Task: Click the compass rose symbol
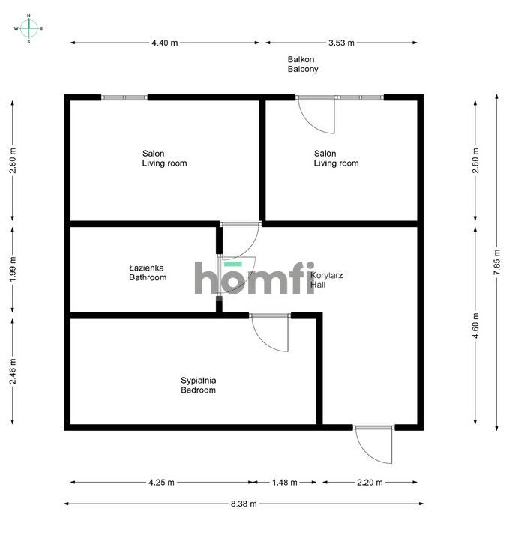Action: click(28, 28)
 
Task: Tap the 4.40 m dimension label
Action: click(164, 43)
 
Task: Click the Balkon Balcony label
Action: click(303, 64)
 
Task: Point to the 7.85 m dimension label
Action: click(496, 262)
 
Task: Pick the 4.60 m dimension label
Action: click(475, 326)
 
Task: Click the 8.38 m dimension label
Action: click(242, 504)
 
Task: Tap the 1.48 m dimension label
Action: click(284, 482)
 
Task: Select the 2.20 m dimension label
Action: click(370, 482)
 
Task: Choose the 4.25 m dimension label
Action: click(161, 482)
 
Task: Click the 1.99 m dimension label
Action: click(13, 270)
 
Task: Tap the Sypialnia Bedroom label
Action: click(198, 385)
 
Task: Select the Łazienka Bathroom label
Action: click(147, 272)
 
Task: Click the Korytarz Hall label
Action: click(327, 279)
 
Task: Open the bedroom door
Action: click(270, 332)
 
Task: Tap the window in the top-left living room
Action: click(124, 97)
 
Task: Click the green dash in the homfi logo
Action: click(233, 264)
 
